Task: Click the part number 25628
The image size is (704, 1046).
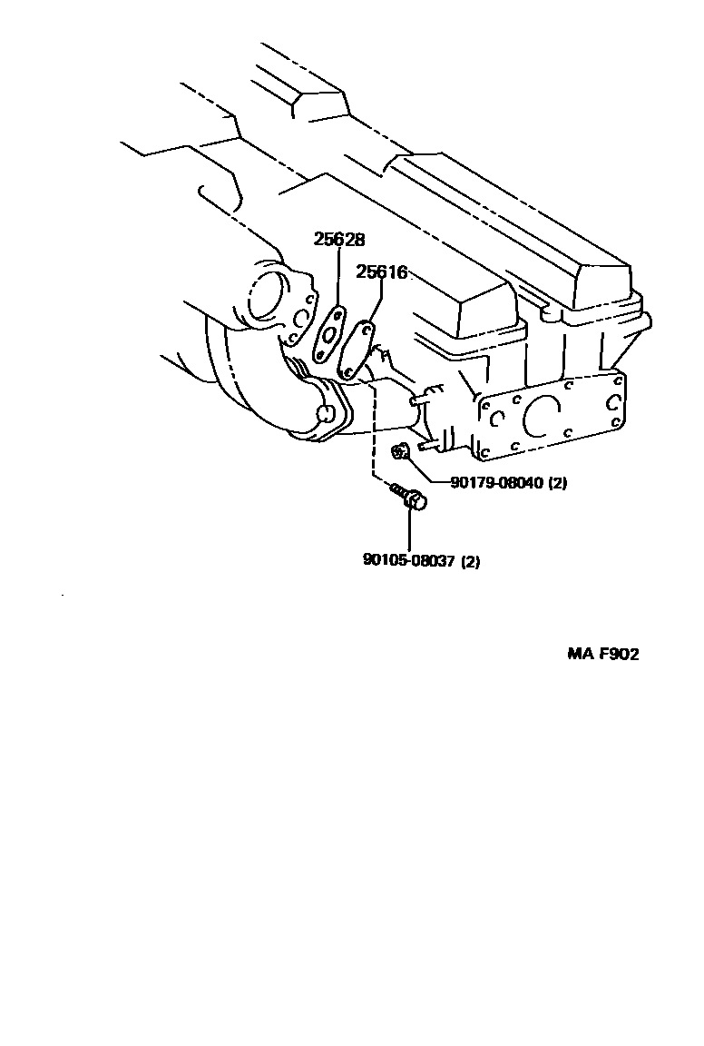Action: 339,240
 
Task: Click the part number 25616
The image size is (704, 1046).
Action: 381,271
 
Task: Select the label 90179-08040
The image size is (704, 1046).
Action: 495,483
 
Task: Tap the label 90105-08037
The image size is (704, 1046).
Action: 408,561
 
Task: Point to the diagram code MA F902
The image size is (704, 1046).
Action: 603,654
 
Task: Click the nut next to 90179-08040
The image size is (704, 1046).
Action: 398,451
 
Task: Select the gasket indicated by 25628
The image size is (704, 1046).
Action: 328,333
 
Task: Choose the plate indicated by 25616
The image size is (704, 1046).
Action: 357,347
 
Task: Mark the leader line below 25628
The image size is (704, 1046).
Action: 337,277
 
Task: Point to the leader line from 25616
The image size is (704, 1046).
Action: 376,300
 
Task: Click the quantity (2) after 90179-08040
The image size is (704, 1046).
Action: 557,483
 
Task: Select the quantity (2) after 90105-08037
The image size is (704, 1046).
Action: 470,561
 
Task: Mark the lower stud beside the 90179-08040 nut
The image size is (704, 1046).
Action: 428,445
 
